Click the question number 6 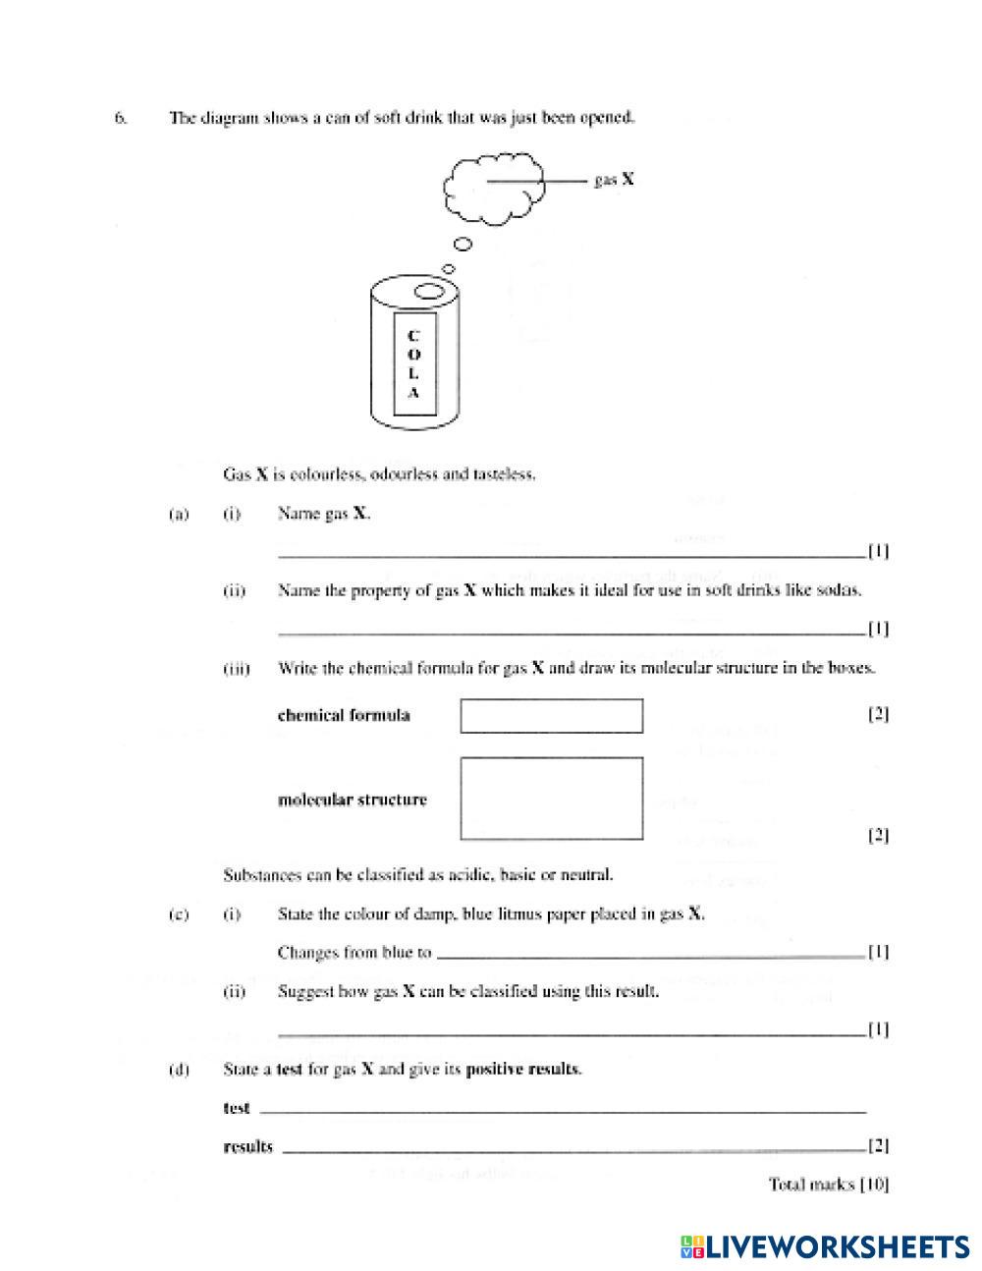click(x=121, y=118)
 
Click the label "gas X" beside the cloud click(x=614, y=181)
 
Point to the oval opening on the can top click(x=428, y=291)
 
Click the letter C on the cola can click(x=413, y=335)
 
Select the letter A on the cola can click(x=413, y=393)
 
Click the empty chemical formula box click(x=551, y=716)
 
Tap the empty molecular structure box click(x=551, y=799)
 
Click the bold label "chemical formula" click(x=344, y=715)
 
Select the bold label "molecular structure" click(x=353, y=800)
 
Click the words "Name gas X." click(x=324, y=514)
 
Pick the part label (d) click(x=179, y=1070)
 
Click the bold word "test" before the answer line click(x=237, y=1108)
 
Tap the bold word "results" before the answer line click(x=248, y=1146)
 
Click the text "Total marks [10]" click(x=829, y=1185)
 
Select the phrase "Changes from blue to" click(x=355, y=953)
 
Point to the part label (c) click(x=179, y=914)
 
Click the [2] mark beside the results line click(x=878, y=1146)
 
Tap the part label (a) click(x=179, y=514)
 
